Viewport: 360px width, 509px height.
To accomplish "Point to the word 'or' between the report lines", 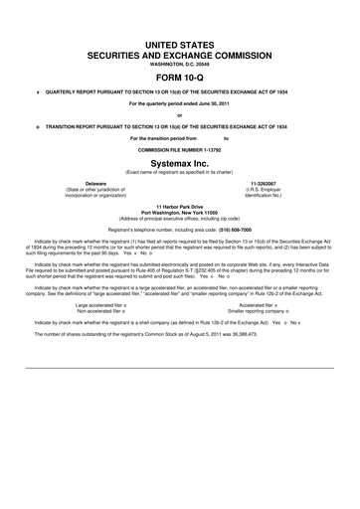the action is pos(180,114).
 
